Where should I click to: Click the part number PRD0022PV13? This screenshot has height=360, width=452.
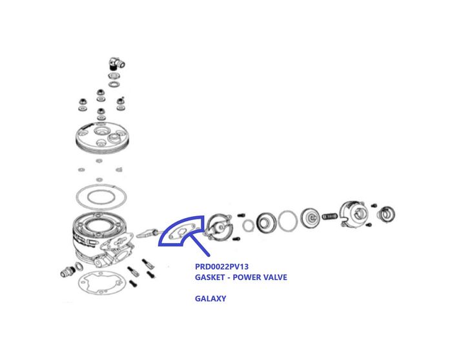[x=221, y=266]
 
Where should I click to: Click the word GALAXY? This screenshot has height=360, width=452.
[x=211, y=298]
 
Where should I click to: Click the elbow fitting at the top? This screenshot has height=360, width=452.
[x=116, y=63]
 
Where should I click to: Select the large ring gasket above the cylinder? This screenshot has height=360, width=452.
[x=101, y=197]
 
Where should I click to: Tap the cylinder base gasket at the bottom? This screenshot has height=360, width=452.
[x=101, y=283]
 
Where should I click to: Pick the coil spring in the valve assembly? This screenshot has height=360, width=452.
[x=329, y=216]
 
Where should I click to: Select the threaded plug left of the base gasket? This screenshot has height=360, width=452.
[x=68, y=272]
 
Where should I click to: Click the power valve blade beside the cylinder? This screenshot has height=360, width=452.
[x=147, y=234]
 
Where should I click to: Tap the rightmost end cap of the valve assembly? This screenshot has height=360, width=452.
[x=386, y=215]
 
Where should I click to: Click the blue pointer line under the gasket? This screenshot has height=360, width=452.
[x=198, y=245]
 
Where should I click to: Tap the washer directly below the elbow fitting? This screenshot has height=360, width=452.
[x=114, y=76]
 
